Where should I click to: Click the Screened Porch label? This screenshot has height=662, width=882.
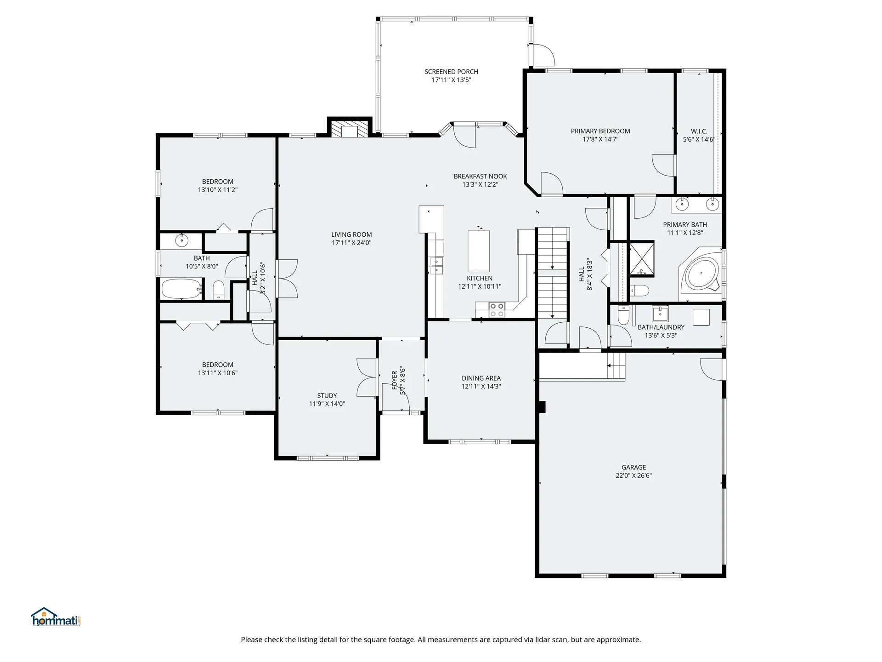[x=451, y=72]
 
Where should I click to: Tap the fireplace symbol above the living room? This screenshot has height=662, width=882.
[x=350, y=129]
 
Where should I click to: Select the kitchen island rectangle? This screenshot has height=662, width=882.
[x=479, y=251]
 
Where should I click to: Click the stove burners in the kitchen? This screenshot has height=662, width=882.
[x=497, y=310]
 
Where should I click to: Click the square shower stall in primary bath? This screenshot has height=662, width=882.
[x=641, y=259]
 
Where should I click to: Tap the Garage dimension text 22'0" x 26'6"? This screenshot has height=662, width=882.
[x=633, y=476]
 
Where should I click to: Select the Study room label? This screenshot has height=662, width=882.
[x=327, y=395]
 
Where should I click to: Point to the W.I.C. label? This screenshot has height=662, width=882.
[x=699, y=131]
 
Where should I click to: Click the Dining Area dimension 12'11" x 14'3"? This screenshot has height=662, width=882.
[x=481, y=387]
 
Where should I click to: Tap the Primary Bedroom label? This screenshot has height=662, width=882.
[x=600, y=131]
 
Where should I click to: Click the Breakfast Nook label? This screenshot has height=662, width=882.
[x=480, y=176]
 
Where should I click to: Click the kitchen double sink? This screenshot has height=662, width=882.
[x=435, y=265]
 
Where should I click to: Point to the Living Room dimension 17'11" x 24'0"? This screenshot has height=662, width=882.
[x=351, y=243]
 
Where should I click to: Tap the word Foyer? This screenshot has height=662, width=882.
[x=394, y=381]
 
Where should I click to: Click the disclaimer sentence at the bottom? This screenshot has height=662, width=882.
[x=441, y=639]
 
